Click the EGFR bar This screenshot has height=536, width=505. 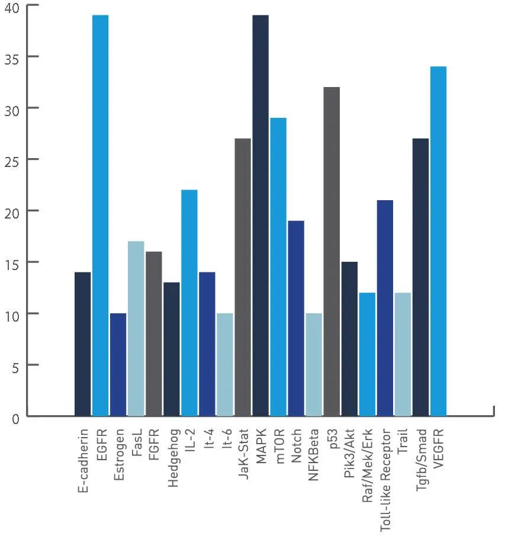click(x=101, y=216)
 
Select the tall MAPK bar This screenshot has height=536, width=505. click(x=260, y=216)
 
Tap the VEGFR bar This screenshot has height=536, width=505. click(x=438, y=241)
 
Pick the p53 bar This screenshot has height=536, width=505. click(x=332, y=251)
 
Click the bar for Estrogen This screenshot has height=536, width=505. click(x=118, y=364)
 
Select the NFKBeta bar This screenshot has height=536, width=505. click(x=314, y=364)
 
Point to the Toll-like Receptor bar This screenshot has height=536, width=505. click(x=385, y=308)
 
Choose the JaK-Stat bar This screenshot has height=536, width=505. click(x=243, y=277)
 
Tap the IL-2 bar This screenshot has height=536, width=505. click(x=189, y=303)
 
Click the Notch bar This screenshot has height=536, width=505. click(x=296, y=318)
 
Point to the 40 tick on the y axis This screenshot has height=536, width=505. click(x=12, y=7)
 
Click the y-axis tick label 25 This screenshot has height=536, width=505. click(x=12, y=160)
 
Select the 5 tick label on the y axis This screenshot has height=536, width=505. click(x=15, y=366)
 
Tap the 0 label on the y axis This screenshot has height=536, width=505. click(x=15, y=418)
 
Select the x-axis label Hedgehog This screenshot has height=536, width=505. click(x=173, y=457)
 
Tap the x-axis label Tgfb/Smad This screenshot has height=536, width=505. click(x=421, y=461)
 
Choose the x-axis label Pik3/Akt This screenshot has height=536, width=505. click(x=350, y=455)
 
